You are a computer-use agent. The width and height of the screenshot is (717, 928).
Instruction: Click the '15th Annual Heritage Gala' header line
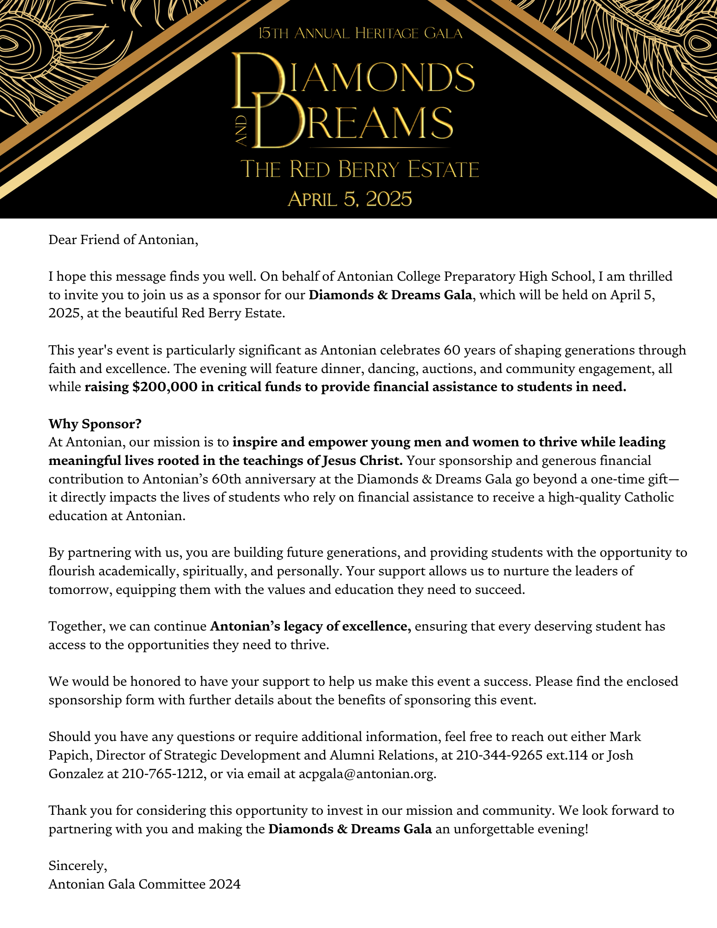360,34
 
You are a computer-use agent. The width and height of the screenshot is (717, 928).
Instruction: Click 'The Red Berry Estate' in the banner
360,169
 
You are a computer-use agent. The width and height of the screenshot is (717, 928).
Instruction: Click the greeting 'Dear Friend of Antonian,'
123,240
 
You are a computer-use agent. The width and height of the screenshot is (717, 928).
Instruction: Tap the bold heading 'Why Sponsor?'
95,424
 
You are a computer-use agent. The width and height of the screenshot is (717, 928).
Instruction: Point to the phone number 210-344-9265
499,755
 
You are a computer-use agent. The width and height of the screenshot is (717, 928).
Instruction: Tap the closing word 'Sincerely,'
78,866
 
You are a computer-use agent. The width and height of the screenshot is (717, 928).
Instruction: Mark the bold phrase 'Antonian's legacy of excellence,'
310,626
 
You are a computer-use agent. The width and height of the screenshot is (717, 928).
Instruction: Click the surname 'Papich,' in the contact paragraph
71,755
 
